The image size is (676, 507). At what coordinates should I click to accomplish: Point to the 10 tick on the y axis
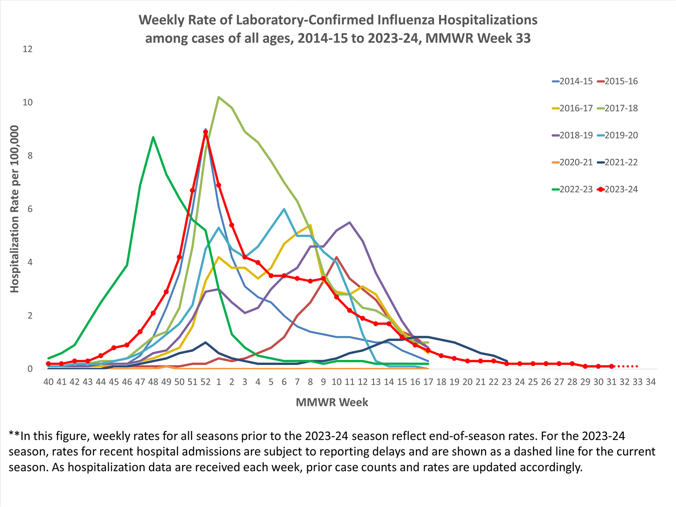27,102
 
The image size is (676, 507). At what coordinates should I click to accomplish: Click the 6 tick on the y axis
30,209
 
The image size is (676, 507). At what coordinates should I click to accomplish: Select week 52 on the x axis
206,382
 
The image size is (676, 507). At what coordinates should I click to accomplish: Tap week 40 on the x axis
48,382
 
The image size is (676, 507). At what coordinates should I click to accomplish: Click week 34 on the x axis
650,382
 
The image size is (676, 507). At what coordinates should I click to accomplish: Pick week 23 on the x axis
507,382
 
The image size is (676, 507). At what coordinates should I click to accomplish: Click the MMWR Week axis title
332,402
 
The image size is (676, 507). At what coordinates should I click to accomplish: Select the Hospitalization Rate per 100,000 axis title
15,209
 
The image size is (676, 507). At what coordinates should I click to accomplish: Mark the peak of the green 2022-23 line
153,137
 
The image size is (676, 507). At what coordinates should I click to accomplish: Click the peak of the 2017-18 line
219,97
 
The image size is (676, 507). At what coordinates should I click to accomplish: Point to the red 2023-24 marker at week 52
206,132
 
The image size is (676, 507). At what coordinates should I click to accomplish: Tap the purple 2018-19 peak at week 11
350,222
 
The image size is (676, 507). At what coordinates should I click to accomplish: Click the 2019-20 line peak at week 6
284,209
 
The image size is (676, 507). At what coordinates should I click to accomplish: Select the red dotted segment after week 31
627,366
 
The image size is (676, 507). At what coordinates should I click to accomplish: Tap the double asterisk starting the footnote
14,436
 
